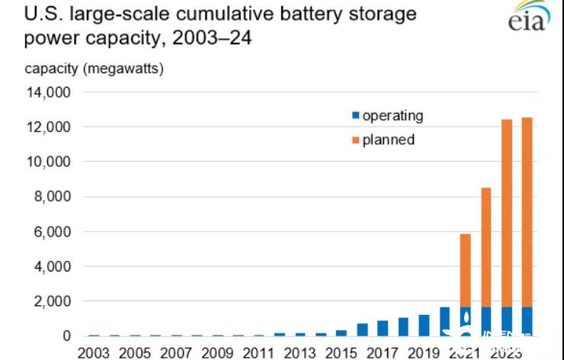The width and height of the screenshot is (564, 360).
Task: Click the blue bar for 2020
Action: click(x=445, y=321)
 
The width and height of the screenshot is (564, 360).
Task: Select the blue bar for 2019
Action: click(x=425, y=325)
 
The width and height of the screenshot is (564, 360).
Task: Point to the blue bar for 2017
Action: click(x=383, y=328)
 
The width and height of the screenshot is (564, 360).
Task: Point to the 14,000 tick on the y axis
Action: click(x=47, y=92)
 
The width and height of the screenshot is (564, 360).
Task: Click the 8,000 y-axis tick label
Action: click(x=51, y=197)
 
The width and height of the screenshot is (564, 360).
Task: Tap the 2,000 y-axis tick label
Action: click(x=51, y=301)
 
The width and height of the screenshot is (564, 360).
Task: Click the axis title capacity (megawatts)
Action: click(x=94, y=69)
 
